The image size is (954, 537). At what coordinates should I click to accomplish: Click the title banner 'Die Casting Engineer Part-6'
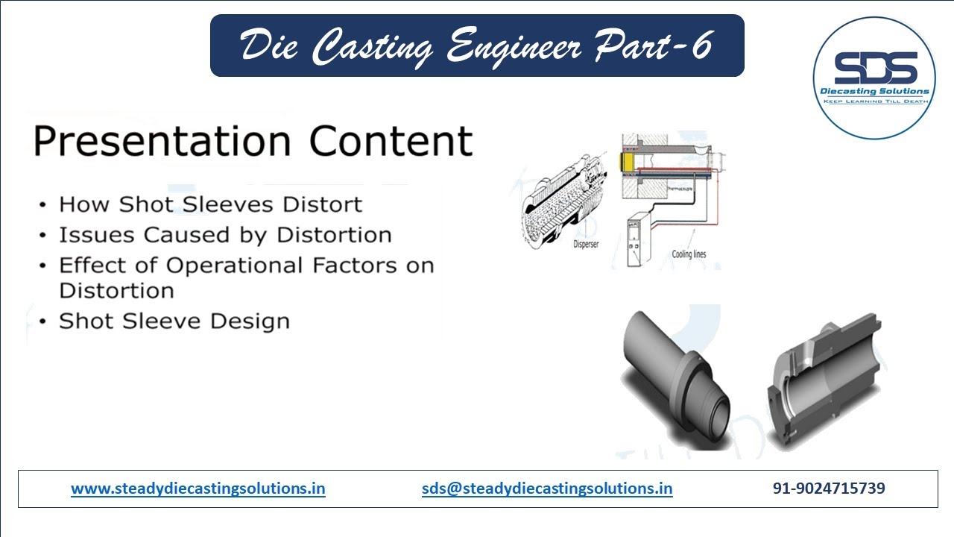(477, 46)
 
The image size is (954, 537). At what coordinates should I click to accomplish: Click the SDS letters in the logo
(874, 69)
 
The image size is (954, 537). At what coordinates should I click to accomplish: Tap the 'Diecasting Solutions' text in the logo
(874, 92)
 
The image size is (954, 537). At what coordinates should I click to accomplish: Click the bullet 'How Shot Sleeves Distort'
(210, 204)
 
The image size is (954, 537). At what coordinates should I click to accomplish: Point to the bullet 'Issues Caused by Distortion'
(225, 235)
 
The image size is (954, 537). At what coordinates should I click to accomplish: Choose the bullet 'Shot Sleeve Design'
(174, 321)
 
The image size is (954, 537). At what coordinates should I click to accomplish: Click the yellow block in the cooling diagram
(629, 161)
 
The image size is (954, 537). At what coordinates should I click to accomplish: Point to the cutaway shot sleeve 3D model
(824, 380)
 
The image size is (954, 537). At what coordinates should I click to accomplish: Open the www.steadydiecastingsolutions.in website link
(198, 489)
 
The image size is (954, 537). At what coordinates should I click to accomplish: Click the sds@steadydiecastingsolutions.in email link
(546, 489)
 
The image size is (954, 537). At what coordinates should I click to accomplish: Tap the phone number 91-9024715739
(829, 489)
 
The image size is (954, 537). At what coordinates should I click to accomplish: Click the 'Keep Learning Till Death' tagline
(874, 101)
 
